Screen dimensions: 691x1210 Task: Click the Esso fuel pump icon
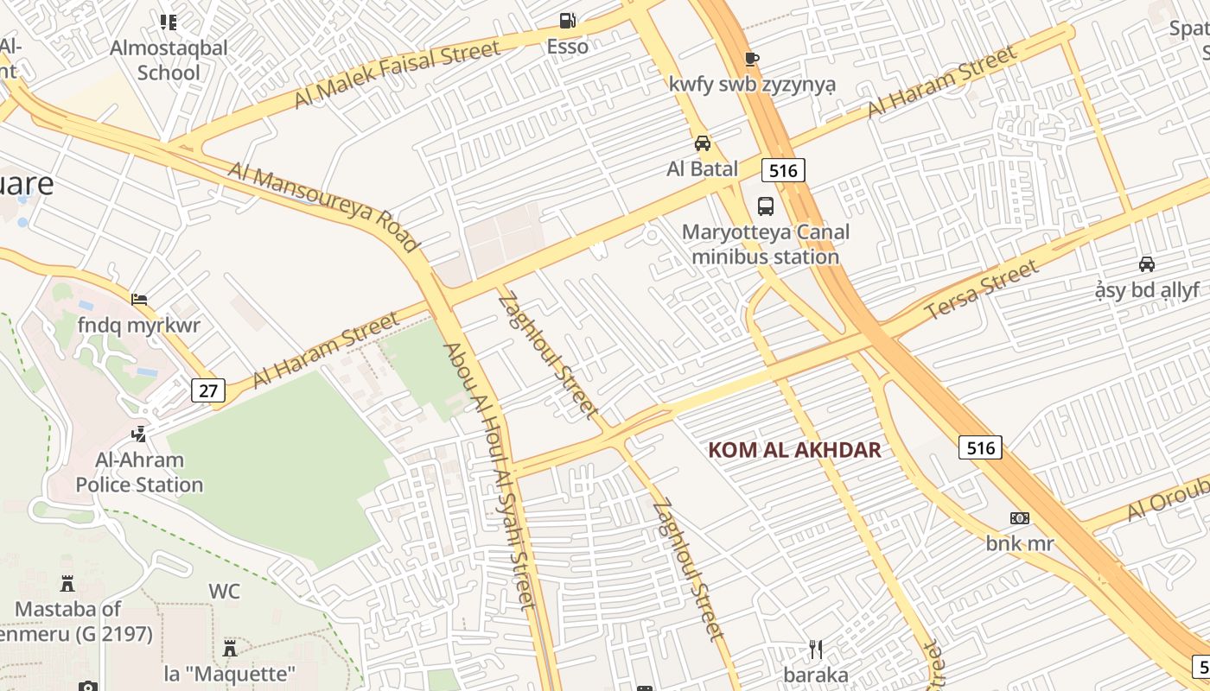(567, 20)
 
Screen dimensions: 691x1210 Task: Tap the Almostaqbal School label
(169, 60)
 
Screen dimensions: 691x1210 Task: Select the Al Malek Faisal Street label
(397, 75)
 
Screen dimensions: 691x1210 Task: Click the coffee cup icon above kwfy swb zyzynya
(752, 59)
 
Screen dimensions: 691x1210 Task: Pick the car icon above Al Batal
(703, 143)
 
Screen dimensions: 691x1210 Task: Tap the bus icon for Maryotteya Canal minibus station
(766, 206)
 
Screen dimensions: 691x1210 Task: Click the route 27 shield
(208, 390)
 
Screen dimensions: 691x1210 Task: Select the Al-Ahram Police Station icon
(138, 434)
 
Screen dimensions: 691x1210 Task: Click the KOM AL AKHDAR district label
(794, 450)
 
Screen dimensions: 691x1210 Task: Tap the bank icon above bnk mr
(1020, 518)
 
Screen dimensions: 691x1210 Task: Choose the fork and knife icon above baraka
(816, 650)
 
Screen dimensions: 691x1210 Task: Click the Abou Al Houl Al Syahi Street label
(490, 476)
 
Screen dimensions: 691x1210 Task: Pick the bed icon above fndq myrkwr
(138, 300)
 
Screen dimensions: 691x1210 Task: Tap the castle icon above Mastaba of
(67, 584)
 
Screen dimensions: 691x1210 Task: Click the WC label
(224, 592)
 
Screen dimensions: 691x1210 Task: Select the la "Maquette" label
(230, 673)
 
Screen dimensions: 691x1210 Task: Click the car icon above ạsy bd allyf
(1147, 264)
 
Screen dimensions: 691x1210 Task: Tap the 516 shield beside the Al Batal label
(783, 170)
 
